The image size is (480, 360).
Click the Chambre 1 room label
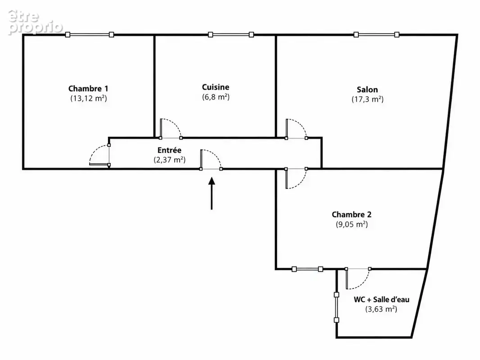pos(88,89)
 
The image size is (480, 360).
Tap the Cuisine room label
pos(216,87)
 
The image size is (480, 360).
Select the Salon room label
pos(367,90)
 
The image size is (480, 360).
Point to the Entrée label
pos(169,150)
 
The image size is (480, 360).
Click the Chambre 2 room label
pos(351,214)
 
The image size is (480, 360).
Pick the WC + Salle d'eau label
pos(381,299)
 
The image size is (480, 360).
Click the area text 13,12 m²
pos(88,98)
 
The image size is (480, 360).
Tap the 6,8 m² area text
pos(216,97)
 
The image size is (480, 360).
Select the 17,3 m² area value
pos(367,99)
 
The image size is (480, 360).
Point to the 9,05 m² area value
pos(352,224)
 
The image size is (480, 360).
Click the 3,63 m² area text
pos(381,309)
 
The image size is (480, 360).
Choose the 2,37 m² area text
pos(169,160)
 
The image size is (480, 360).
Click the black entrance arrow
pos(212,193)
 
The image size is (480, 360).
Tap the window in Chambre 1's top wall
pos(90,35)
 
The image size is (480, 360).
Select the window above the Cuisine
pos(231,35)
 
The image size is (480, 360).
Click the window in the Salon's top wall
pos(376,35)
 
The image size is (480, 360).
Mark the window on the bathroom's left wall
pos(336,307)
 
